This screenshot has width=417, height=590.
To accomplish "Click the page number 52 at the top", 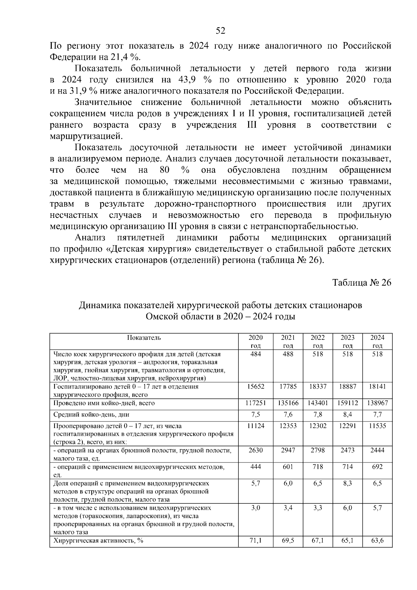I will [x=221, y=31].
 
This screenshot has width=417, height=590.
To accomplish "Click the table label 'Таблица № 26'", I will [x=362, y=282].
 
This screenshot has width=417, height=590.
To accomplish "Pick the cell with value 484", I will [x=256, y=354].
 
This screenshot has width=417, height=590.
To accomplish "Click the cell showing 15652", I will [x=256, y=386].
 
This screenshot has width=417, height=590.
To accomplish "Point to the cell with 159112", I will [x=347, y=403].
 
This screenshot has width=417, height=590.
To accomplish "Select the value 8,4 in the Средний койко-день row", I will [x=347, y=414].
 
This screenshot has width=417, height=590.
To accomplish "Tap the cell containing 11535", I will [x=377, y=426].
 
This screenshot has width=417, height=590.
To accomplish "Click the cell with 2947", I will [x=288, y=450].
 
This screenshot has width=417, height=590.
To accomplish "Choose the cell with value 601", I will [x=288, y=467].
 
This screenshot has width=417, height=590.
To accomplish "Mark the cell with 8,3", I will [x=347, y=483].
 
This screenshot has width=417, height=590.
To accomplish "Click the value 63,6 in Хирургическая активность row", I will [x=377, y=541].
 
